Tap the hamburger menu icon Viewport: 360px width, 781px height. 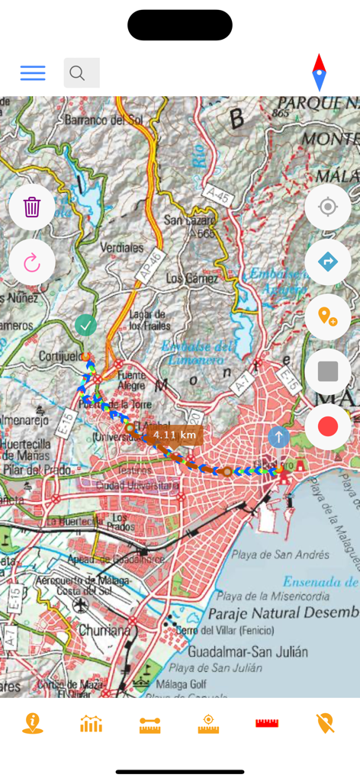click(x=33, y=73)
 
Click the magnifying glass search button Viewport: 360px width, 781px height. click(x=81, y=73)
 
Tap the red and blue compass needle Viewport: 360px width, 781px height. click(x=320, y=73)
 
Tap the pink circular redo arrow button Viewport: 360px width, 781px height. click(x=32, y=263)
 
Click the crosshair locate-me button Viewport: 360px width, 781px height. click(x=328, y=207)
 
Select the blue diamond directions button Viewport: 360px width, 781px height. click(x=328, y=262)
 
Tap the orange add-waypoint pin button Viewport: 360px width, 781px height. click(x=328, y=317)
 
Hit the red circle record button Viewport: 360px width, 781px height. click(x=328, y=426)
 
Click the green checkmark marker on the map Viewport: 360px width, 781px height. click(x=85, y=326)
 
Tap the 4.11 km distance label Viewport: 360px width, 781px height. click(x=174, y=435)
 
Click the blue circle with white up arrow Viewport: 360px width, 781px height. click(x=278, y=438)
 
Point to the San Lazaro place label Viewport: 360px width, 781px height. click(x=191, y=221)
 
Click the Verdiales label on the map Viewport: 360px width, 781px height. click(x=122, y=248)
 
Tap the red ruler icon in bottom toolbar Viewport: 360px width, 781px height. click(x=267, y=723)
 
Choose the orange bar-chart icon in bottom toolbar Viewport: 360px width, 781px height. click(x=92, y=723)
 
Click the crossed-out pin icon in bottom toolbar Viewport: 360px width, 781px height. click(x=326, y=723)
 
